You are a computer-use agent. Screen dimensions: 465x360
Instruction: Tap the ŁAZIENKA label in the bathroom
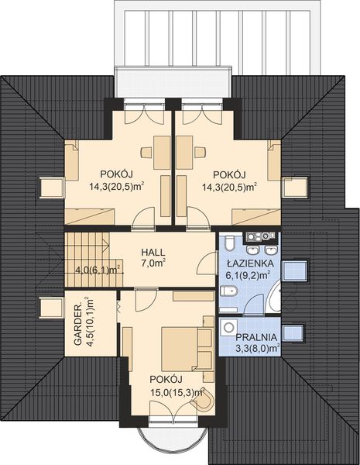pos(246,262)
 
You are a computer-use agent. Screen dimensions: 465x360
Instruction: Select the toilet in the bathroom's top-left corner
pos(228,245)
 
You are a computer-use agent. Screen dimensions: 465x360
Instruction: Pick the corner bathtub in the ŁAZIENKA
pos(273,301)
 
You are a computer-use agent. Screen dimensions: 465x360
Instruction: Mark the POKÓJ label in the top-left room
pos(118,174)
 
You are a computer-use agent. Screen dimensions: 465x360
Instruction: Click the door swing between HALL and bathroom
pos(205,264)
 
